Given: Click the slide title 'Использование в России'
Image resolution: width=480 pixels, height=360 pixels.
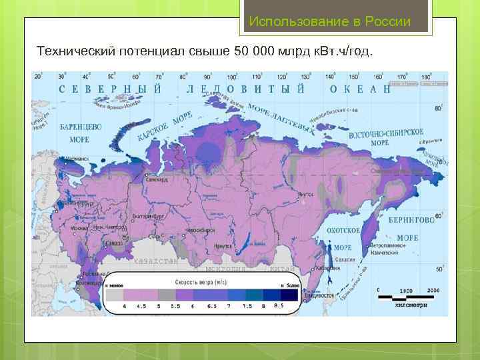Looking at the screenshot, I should coord(330,21).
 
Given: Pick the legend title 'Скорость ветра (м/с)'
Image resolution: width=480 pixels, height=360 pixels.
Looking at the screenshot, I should coord(201,281).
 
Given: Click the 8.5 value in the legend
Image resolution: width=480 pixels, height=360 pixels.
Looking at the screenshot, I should coord(278,306).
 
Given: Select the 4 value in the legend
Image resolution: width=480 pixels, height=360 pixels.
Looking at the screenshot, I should coord(124,307).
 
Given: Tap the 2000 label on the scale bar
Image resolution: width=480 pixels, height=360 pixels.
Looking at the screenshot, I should coord(433,291).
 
